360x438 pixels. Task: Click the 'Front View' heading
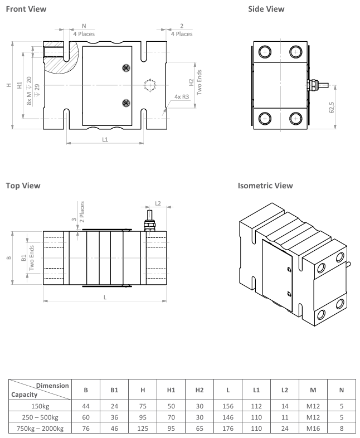pyautogui.click(x=26, y=9)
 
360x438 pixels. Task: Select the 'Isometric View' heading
pyautogui.click(x=265, y=186)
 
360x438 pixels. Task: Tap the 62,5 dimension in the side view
pyautogui.click(x=331, y=107)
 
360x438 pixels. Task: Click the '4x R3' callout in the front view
pyautogui.click(x=182, y=97)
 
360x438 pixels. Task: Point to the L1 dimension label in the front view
pyautogui.click(x=105, y=139)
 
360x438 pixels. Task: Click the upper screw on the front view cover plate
pyautogui.click(x=126, y=68)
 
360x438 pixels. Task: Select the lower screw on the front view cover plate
pyautogui.click(x=126, y=103)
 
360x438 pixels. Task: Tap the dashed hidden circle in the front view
pyautogui.click(x=149, y=85)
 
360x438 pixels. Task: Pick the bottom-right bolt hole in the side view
pyautogui.click(x=295, y=119)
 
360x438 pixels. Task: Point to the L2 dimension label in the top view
pyautogui.click(x=157, y=203)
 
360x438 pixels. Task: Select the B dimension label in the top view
pyautogui.click(x=8, y=258)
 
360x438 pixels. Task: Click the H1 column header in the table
pyautogui.click(x=171, y=390)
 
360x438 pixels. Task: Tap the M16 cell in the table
pyautogui.click(x=313, y=428)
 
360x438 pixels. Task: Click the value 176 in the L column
pyautogui.click(x=228, y=428)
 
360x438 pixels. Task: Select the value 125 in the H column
pyautogui.click(x=143, y=428)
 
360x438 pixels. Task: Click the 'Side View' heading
pyautogui.click(x=266, y=9)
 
